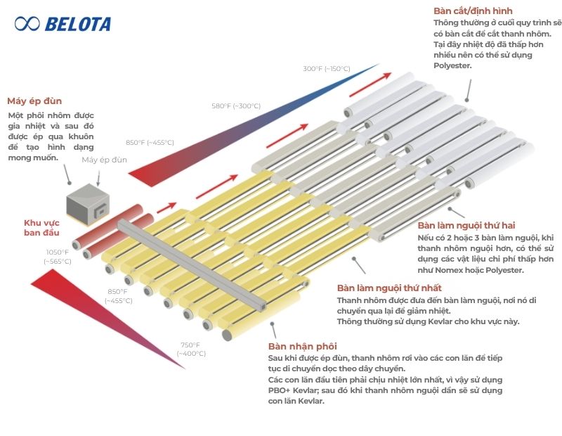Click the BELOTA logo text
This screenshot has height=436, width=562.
(x=78, y=25)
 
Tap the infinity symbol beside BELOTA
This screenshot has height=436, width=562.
(x=27, y=24)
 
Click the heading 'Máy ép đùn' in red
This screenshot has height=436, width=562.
(x=34, y=101)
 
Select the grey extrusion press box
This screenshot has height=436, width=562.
(x=89, y=203)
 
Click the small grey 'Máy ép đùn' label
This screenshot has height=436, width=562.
(x=104, y=160)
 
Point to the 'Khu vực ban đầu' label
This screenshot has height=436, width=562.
(x=41, y=228)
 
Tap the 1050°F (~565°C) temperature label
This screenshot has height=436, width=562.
(x=58, y=257)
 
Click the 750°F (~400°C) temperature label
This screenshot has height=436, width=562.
(x=191, y=350)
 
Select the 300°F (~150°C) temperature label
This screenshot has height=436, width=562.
(x=327, y=68)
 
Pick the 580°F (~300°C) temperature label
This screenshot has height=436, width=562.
(x=236, y=106)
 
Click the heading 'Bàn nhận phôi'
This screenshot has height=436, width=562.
(x=303, y=346)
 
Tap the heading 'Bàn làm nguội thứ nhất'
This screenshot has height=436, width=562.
(x=389, y=288)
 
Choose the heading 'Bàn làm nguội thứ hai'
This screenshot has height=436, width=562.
(x=466, y=225)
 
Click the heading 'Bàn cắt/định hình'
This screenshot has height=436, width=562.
(x=473, y=11)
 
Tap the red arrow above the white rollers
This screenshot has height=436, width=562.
(x=370, y=84)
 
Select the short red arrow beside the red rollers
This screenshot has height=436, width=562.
(x=166, y=207)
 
